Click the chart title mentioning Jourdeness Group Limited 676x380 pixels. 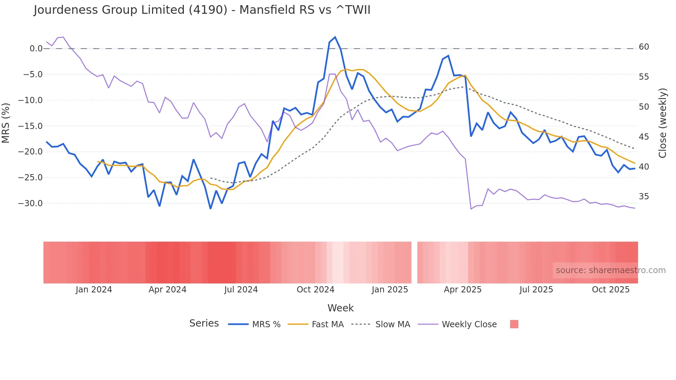point(202,10)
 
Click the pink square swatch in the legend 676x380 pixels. point(514,324)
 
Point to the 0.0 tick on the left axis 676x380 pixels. point(36,49)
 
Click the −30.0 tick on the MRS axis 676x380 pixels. point(30,203)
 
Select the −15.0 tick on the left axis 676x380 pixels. point(30,126)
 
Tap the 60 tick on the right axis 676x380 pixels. point(644,47)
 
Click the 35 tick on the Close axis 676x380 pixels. point(644,197)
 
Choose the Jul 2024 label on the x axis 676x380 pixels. point(241,290)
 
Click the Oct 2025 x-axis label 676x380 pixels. point(610,290)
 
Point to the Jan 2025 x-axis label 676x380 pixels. point(390,290)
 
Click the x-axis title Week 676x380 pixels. point(340,308)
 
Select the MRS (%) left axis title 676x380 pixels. point(6,123)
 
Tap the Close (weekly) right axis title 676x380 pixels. point(662,123)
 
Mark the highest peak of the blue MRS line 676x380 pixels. point(335,37)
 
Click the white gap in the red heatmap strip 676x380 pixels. point(414,262)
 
